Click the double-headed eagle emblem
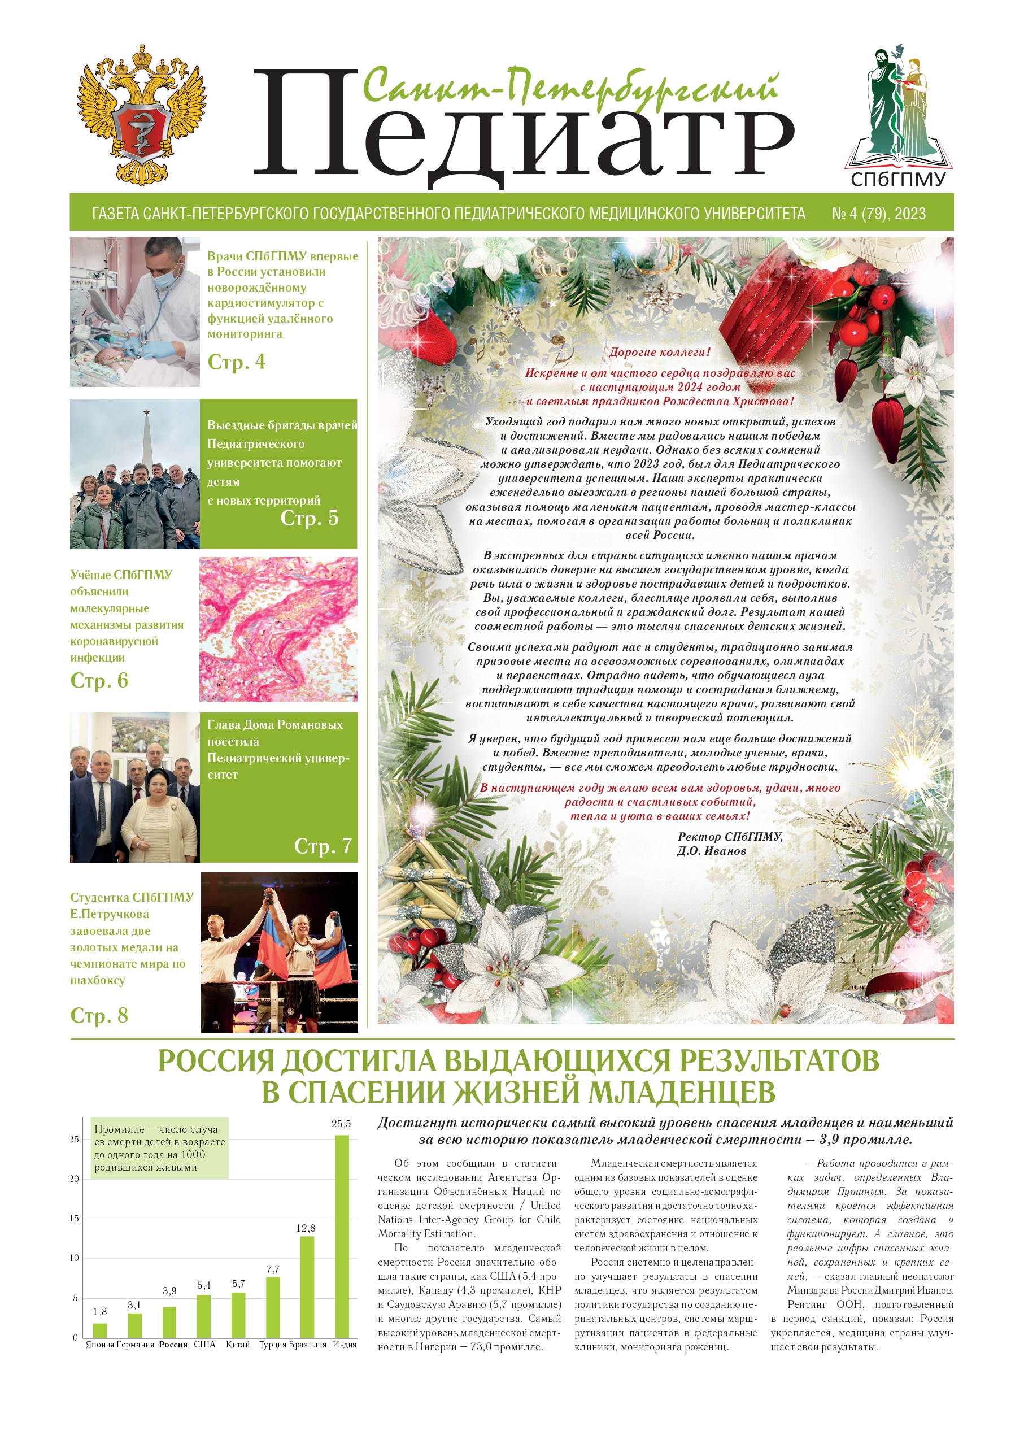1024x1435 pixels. [x=141, y=115]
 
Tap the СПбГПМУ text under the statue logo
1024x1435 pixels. [x=898, y=180]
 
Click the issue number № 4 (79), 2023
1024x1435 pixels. [x=878, y=214]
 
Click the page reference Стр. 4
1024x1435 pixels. [x=237, y=362]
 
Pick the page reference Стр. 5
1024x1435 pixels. [x=310, y=518]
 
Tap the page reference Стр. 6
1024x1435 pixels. [x=99, y=681]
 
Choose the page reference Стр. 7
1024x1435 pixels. [x=323, y=846]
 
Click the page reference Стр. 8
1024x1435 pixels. [x=99, y=1016]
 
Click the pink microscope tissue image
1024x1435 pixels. [x=278, y=629]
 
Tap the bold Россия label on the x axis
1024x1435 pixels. [x=173, y=1344]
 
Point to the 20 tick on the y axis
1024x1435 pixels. [x=75, y=1179]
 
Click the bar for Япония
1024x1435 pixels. [x=99, y=1330]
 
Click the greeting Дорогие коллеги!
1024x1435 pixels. [x=659, y=352]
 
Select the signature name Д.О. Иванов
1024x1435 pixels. [x=711, y=851]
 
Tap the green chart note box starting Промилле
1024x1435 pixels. [x=159, y=1148]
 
